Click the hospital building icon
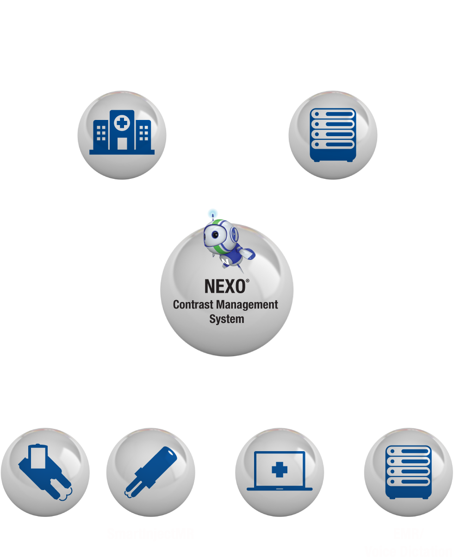(122, 132)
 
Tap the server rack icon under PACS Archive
(333, 135)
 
